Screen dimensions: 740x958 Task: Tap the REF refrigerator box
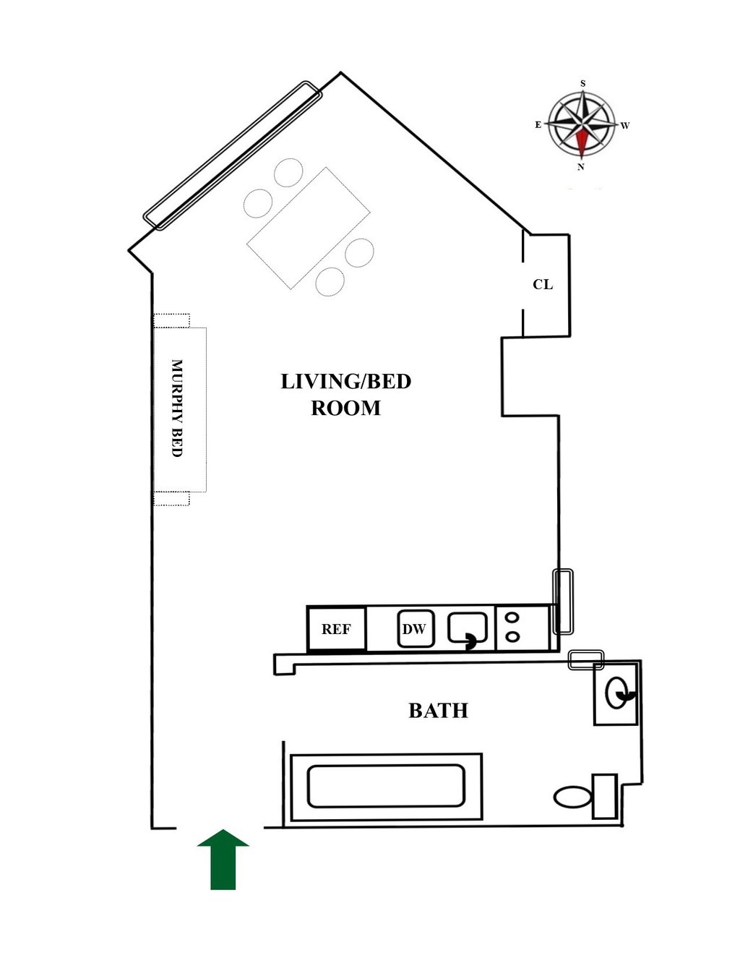click(336, 629)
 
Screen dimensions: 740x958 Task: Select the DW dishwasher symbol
click(415, 629)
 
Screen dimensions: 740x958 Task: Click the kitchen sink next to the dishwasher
click(468, 628)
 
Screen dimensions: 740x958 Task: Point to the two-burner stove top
click(512, 627)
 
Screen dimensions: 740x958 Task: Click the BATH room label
click(438, 711)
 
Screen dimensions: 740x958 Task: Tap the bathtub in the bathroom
click(386, 787)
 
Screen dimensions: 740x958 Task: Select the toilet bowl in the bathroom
click(573, 797)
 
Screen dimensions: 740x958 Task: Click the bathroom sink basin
click(616, 693)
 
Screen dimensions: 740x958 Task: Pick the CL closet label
click(543, 284)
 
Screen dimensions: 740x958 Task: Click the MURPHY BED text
click(176, 409)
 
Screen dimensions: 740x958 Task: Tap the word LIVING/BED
click(345, 381)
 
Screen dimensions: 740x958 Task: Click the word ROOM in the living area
click(345, 409)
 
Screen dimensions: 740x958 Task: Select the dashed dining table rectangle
click(309, 228)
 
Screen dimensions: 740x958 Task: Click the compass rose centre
click(582, 125)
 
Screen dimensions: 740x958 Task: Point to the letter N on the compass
click(581, 167)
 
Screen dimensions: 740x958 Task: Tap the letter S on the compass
click(583, 84)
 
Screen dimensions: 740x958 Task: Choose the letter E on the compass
click(538, 124)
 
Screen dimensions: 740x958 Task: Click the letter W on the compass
click(625, 126)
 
